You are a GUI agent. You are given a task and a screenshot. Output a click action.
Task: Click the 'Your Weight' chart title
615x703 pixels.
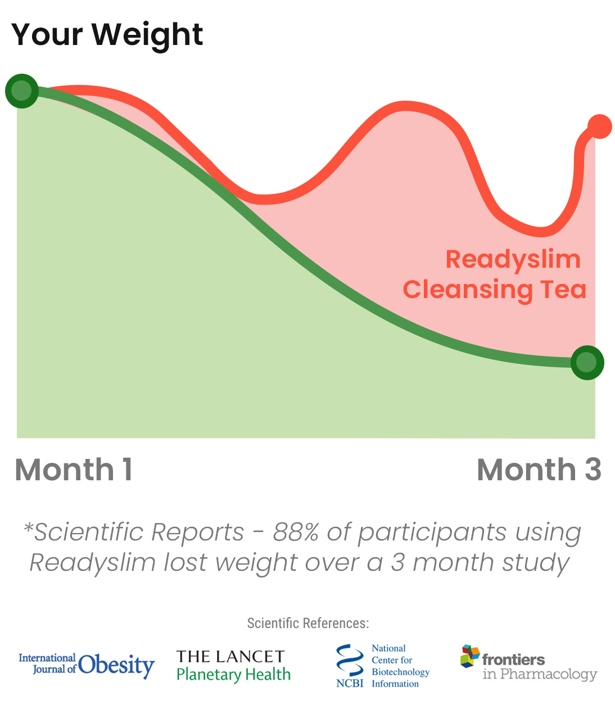[x=107, y=35]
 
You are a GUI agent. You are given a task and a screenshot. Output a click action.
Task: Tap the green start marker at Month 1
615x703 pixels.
[x=21, y=91]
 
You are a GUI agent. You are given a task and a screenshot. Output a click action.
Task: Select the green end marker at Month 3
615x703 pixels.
[x=587, y=363]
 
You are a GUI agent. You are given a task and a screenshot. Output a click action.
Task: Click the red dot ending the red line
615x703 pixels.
[x=600, y=127]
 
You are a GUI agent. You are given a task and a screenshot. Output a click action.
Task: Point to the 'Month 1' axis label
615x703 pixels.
[x=74, y=470]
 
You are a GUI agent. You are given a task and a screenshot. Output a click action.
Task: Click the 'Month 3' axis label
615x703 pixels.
[x=539, y=470]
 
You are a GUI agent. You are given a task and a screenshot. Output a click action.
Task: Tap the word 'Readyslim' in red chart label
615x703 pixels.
[x=513, y=260]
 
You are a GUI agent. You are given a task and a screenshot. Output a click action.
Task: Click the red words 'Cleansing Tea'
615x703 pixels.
[x=495, y=290]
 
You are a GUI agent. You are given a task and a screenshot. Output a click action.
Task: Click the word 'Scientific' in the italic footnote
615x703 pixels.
[x=89, y=532]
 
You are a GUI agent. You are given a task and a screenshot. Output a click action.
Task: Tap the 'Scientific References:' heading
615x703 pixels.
[x=308, y=623]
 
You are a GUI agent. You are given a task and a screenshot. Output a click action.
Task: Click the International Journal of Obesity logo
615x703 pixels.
[x=87, y=665]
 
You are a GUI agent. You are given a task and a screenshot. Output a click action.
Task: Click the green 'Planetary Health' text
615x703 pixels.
[x=233, y=674]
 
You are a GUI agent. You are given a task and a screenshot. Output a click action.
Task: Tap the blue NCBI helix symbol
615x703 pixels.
[x=350, y=660]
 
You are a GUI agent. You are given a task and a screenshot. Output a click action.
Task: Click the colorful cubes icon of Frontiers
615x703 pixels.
[x=470, y=656]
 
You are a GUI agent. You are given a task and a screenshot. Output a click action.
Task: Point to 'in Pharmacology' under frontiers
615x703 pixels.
[x=540, y=674]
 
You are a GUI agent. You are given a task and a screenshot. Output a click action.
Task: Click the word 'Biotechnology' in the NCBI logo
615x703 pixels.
[x=400, y=672]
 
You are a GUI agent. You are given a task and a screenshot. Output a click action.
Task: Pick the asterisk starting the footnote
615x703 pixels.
[x=28, y=526]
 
